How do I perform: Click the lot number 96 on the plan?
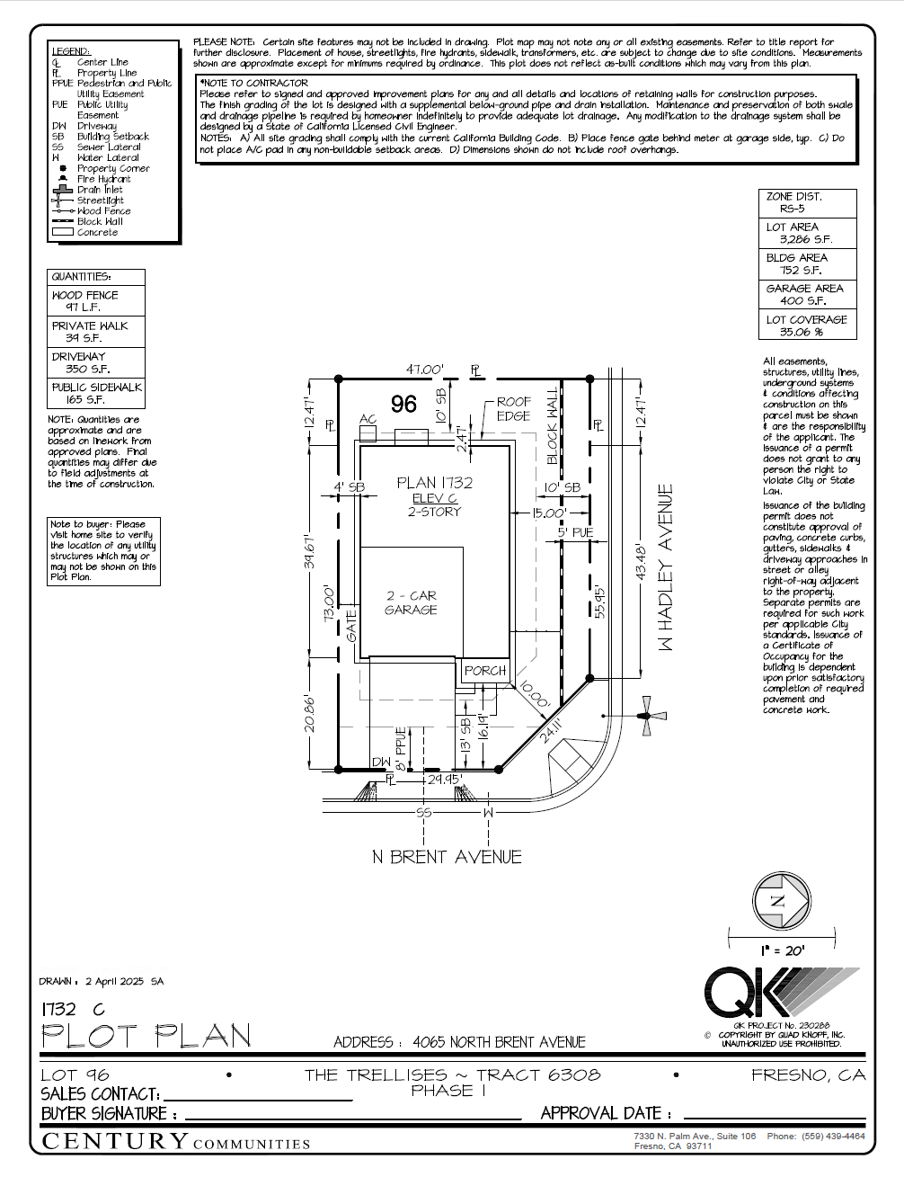point(403,405)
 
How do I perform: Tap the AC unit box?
point(368,432)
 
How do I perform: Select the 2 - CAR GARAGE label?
point(412,602)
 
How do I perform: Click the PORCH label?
point(485,671)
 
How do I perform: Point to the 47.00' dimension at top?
point(424,370)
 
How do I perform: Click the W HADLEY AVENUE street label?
point(666,568)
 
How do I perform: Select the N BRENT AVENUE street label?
point(447,857)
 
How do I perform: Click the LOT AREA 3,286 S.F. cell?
point(807,234)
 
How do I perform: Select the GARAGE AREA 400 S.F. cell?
point(807,295)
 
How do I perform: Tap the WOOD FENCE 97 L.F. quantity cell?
point(95,301)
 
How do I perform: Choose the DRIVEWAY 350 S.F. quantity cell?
point(95,362)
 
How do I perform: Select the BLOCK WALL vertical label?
point(553,428)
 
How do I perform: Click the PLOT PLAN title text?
point(146,1037)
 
